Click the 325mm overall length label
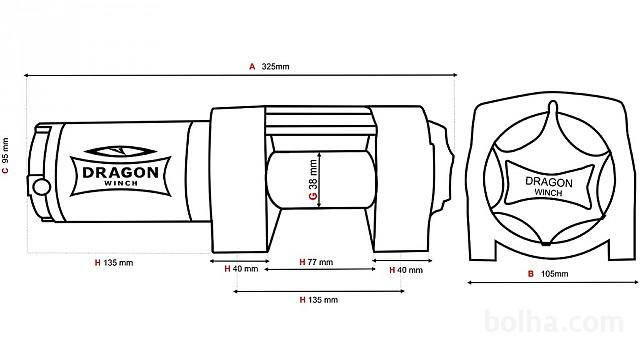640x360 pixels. [x=275, y=67]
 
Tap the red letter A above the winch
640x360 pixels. [x=252, y=67]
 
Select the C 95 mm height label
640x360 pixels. [x=5, y=156]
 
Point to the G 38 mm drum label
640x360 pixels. [x=313, y=179]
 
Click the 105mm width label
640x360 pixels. [x=554, y=274]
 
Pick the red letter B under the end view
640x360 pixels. [x=531, y=274]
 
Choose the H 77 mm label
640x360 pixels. [x=316, y=262]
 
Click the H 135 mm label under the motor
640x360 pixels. [x=114, y=263]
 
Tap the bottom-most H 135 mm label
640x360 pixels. [x=318, y=300]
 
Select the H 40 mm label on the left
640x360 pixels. [x=241, y=269]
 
